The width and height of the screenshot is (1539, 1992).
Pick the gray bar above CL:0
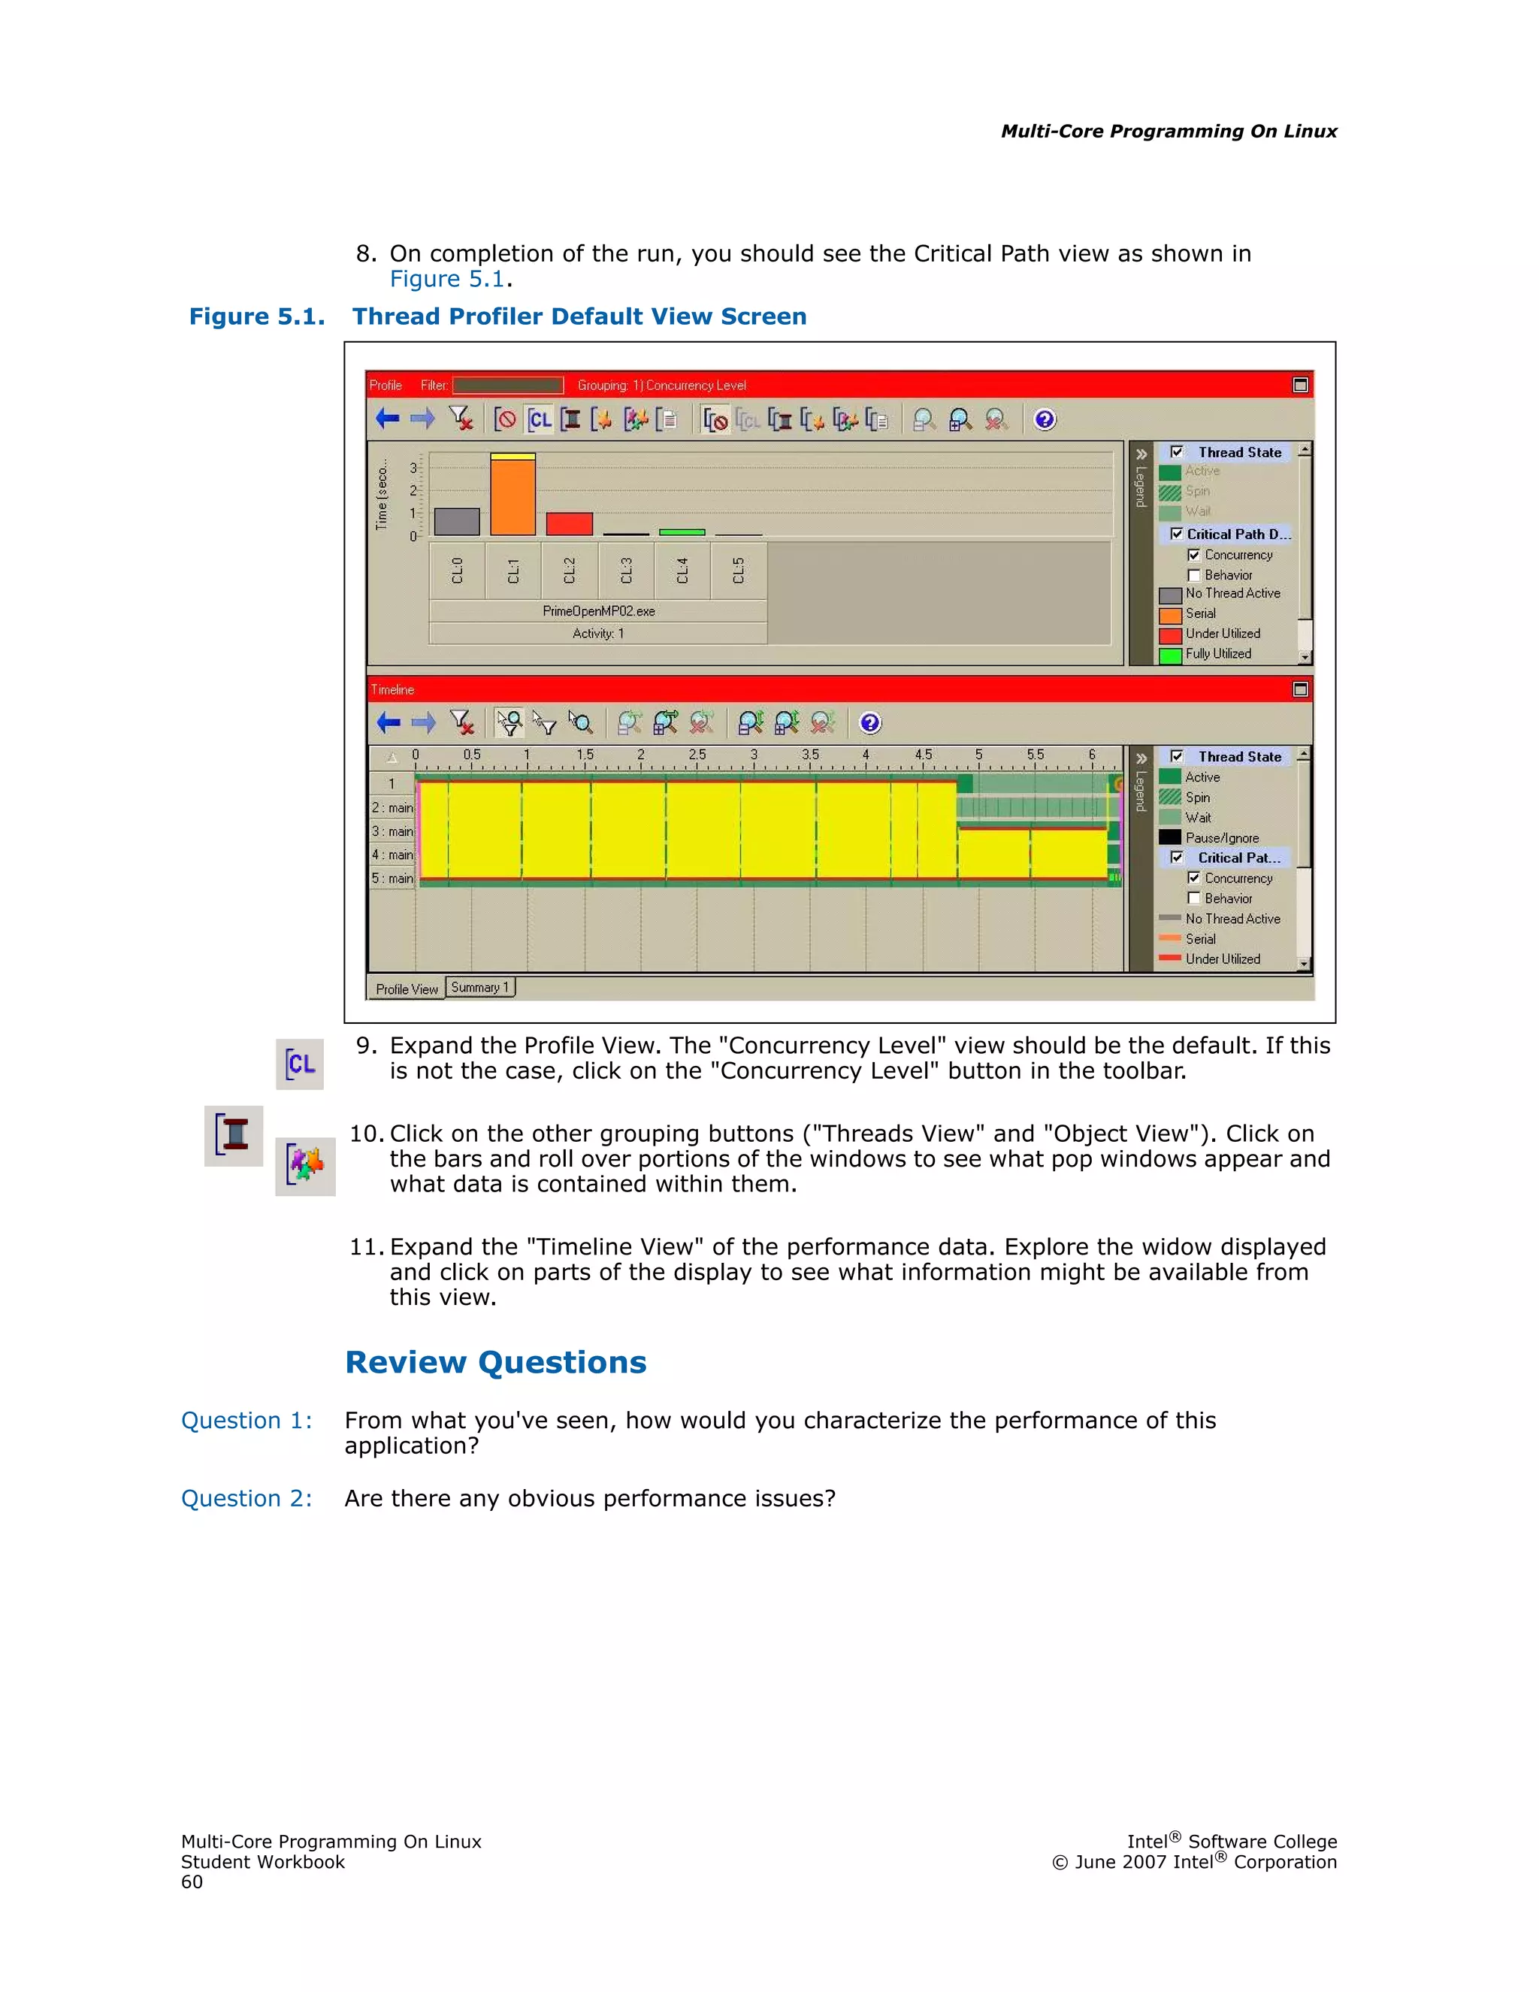point(457,521)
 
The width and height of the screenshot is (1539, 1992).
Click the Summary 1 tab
point(479,987)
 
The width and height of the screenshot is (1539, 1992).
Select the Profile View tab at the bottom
point(407,988)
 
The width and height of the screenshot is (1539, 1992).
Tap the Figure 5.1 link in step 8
point(447,279)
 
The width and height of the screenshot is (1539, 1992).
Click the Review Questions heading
point(495,1362)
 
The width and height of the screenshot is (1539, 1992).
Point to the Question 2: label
point(246,1499)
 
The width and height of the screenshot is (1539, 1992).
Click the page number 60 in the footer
point(192,1882)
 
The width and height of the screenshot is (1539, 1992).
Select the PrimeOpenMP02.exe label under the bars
point(598,611)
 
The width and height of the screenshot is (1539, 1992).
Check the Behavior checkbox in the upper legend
point(1193,576)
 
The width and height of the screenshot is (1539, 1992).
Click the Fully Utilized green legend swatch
point(1171,655)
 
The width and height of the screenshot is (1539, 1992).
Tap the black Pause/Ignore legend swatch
point(1170,837)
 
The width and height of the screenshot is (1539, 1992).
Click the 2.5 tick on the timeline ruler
point(697,755)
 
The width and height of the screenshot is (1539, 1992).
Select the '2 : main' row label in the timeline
point(392,808)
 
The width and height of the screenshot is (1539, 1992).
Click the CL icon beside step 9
point(300,1064)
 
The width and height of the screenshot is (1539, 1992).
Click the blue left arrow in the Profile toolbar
point(388,419)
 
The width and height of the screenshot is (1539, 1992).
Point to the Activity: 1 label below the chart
point(598,634)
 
